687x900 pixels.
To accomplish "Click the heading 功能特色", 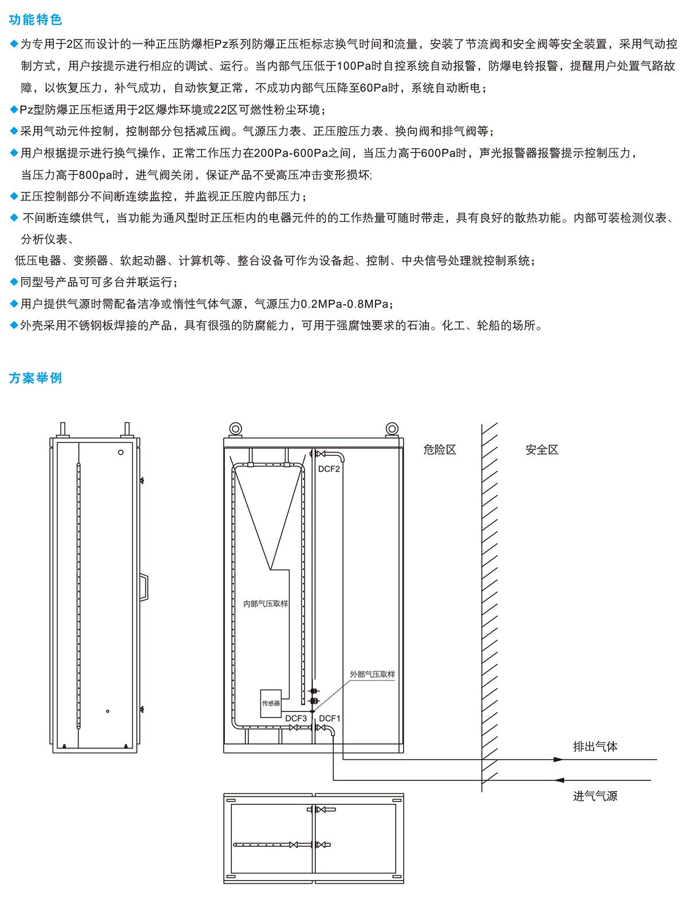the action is point(35,19).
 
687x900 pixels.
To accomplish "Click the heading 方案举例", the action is point(35,378).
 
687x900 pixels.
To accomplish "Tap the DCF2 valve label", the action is point(329,469).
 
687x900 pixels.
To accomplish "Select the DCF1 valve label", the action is point(329,718).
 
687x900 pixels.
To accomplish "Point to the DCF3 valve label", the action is point(296,718).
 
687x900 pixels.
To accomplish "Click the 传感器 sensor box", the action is point(271,704).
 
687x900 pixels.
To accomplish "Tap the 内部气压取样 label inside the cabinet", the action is point(266,604).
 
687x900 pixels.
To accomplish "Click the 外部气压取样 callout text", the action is point(372,674).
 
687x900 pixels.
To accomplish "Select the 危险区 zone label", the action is point(440,450).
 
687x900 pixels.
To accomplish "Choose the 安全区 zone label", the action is point(542,450).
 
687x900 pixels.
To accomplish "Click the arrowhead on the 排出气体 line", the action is point(558,760).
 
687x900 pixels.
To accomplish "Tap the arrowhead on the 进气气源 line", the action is point(559,780).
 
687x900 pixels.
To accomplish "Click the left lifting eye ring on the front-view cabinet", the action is point(235,429).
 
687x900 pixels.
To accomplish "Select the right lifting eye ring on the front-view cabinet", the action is point(392,429).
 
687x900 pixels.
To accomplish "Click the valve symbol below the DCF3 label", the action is point(293,728).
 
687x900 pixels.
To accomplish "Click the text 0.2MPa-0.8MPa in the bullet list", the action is point(345,304).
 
